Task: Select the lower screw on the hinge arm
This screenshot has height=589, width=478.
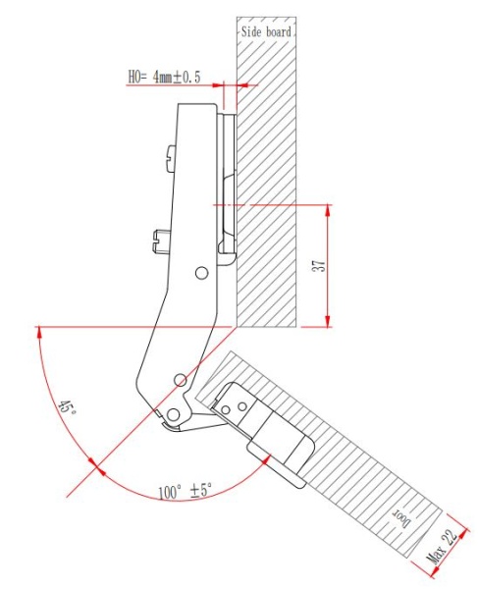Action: pos(159,236)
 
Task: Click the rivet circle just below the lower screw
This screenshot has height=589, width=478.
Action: pos(200,271)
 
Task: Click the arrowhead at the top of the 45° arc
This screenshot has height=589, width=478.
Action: pos(38,333)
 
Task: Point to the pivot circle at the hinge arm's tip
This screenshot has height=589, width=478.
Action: pos(173,412)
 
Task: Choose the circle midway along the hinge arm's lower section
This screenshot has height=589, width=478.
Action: pos(179,379)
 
